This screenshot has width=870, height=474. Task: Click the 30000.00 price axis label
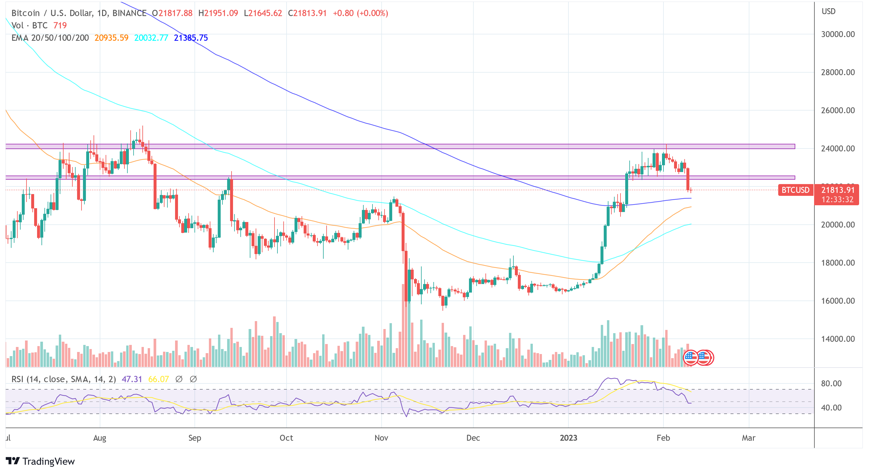point(838,34)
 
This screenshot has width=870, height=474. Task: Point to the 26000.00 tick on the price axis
point(838,110)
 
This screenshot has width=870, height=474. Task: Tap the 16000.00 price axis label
point(838,301)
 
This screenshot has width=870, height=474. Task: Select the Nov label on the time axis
point(381,438)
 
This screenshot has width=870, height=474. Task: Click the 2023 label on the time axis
point(568,438)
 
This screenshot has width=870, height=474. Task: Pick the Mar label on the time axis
point(748,438)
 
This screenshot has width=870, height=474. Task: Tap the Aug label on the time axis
point(100,438)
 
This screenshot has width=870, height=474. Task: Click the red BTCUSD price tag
point(795,190)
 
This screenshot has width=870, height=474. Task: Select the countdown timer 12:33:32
point(837,200)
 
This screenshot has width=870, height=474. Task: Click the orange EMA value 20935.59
point(112,38)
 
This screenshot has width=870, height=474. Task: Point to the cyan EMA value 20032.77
point(151,38)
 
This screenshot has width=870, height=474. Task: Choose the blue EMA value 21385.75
point(191,38)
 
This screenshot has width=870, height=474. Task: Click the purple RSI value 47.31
point(132,379)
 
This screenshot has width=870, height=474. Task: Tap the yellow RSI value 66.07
point(158,379)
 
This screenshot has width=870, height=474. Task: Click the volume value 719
point(60,25)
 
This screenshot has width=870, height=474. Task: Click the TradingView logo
point(40,461)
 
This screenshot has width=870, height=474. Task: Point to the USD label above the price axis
point(829,11)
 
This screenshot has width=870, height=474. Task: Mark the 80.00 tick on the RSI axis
point(831,383)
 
